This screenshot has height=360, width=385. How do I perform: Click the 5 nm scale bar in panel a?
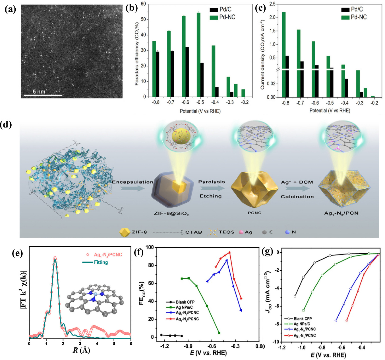[x=43, y=95]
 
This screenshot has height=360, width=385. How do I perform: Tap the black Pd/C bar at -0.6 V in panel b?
[x=187, y=72]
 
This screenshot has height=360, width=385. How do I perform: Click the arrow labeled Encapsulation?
[x=132, y=188]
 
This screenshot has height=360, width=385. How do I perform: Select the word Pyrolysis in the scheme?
[x=212, y=182]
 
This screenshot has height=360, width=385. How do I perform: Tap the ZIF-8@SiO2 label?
[x=171, y=213]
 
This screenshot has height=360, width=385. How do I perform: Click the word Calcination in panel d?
[x=297, y=197]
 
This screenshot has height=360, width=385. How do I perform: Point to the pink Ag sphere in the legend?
[x=241, y=232]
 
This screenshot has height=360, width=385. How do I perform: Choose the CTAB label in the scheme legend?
[x=194, y=232]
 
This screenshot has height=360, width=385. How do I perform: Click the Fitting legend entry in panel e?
[x=101, y=262]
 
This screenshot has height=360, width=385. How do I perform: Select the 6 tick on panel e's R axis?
[x=131, y=343]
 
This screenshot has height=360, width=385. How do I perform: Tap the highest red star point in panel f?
[x=229, y=252]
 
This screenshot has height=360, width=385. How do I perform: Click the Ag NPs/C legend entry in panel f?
[x=184, y=307]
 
